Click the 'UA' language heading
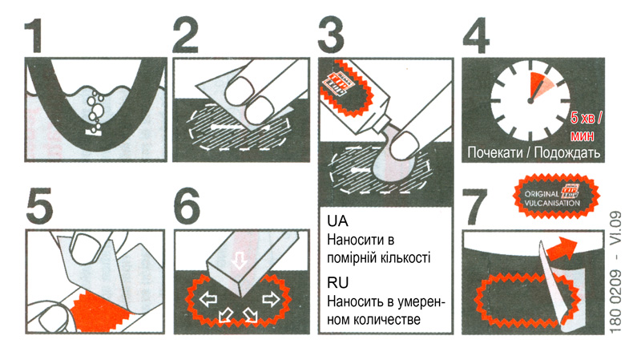[x=337, y=220]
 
